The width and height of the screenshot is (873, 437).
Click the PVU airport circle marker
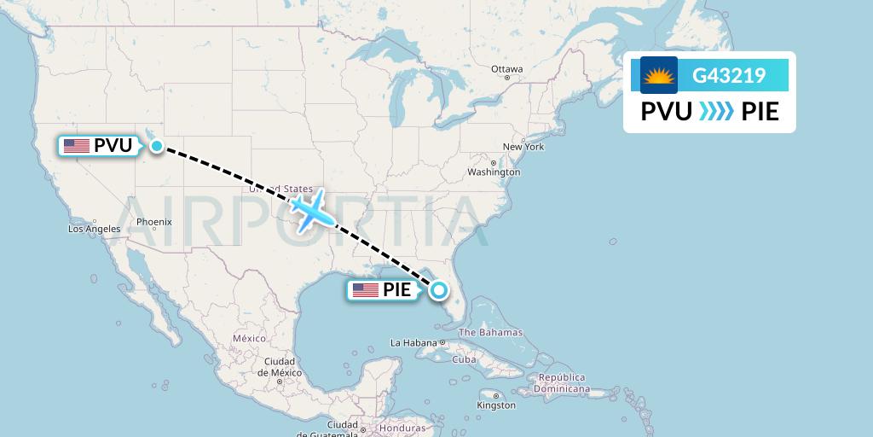157,146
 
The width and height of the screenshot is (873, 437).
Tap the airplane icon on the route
310,210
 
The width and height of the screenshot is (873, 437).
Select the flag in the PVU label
76,146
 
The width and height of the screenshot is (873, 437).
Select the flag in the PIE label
365,290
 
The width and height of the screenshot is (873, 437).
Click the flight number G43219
728,76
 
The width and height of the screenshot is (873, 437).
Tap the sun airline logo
658,76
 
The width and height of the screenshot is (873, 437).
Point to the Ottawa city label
506,69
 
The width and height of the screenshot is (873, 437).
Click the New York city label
523,147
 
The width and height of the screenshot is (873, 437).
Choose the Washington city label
494,172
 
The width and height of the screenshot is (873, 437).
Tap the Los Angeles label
95,229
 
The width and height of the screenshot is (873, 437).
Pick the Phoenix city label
154,222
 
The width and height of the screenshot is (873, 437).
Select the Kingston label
496,405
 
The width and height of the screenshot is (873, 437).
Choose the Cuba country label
464,359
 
